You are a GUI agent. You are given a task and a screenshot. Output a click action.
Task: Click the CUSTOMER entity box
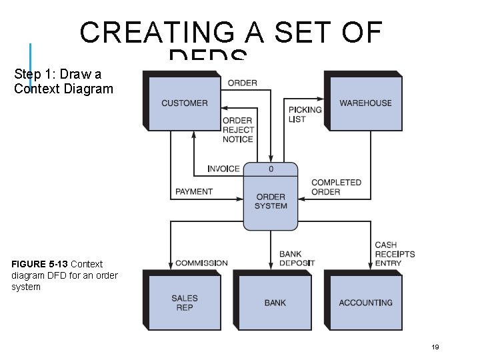pyautogui.click(x=184, y=103)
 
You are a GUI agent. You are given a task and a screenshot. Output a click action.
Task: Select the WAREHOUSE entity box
pyautogui.click(x=365, y=103)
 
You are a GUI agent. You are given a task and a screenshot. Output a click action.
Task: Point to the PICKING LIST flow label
pyautogui.click(x=305, y=114)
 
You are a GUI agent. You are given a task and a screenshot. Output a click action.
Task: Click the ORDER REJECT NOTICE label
pyautogui.click(x=237, y=130)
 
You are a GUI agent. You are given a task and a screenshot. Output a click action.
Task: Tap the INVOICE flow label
pyautogui.click(x=223, y=169)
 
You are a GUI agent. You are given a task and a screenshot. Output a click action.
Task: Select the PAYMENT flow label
pyautogui.click(x=194, y=191)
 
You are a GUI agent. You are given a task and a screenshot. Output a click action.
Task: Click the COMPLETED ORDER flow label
pyautogui.click(x=336, y=187)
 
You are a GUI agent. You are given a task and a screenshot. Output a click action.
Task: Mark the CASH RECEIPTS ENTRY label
pyautogui.click(x=395, y=254)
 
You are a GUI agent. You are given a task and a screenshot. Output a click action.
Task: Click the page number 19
pyautogui.click(x=435, y=347)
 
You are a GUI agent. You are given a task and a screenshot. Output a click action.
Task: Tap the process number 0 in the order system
pyautogui.click(x=271, y=169)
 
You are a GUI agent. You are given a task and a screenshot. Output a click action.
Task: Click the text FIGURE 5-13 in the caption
pyautogui.click(x=39, y=264)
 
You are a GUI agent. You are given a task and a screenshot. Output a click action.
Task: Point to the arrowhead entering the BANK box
pyautogui.click(x=271, y=267)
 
